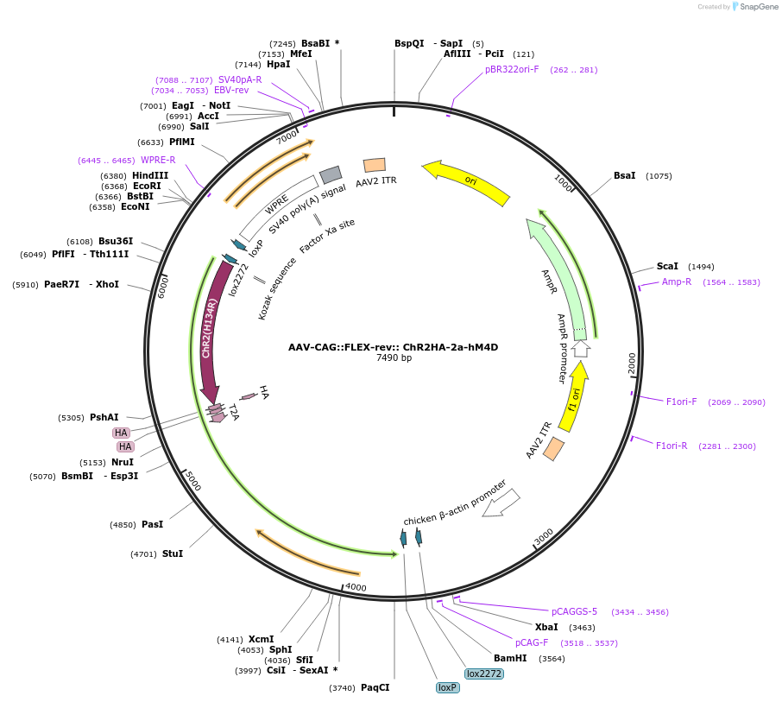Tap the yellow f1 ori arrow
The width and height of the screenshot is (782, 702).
[574, 397]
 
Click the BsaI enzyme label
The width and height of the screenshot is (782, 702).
[624, 176]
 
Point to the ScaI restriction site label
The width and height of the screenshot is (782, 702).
[667, 267]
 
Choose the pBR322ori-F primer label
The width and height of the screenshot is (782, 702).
[512, 70]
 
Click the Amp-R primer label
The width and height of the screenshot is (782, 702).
[677, 282]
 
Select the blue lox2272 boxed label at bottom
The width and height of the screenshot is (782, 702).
[483, 674]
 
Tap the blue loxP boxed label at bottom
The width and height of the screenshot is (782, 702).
[447, 688]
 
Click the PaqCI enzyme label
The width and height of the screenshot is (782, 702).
[375, 688]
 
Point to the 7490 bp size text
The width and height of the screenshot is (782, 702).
[394, 358]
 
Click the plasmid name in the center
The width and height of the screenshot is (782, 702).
[393, 347]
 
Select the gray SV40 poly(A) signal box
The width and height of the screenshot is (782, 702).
[331, 175]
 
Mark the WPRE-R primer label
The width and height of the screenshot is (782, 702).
[158, 161]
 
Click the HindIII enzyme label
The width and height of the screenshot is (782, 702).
[150, 175]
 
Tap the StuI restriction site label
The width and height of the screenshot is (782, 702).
[173, 554]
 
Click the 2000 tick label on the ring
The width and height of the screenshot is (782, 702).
[633, 363]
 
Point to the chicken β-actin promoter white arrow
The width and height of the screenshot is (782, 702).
[501, 503]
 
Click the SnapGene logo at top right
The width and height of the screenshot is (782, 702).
[752, 7]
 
